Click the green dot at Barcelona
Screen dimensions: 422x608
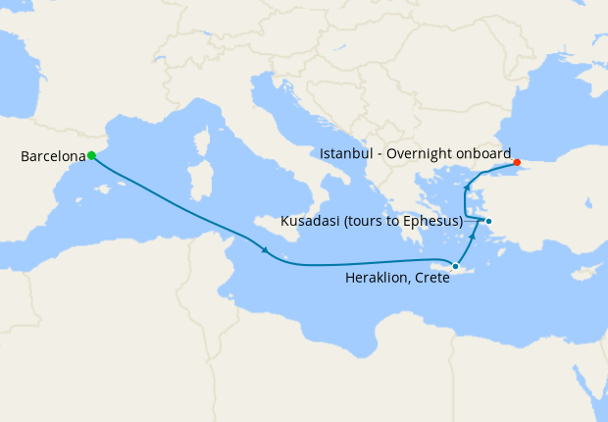91,155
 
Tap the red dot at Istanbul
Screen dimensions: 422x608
517,163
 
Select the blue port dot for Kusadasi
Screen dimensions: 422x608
488,221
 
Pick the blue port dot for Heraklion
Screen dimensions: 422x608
455,266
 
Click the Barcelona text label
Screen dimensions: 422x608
53,156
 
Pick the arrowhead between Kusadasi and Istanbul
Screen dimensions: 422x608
468,187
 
